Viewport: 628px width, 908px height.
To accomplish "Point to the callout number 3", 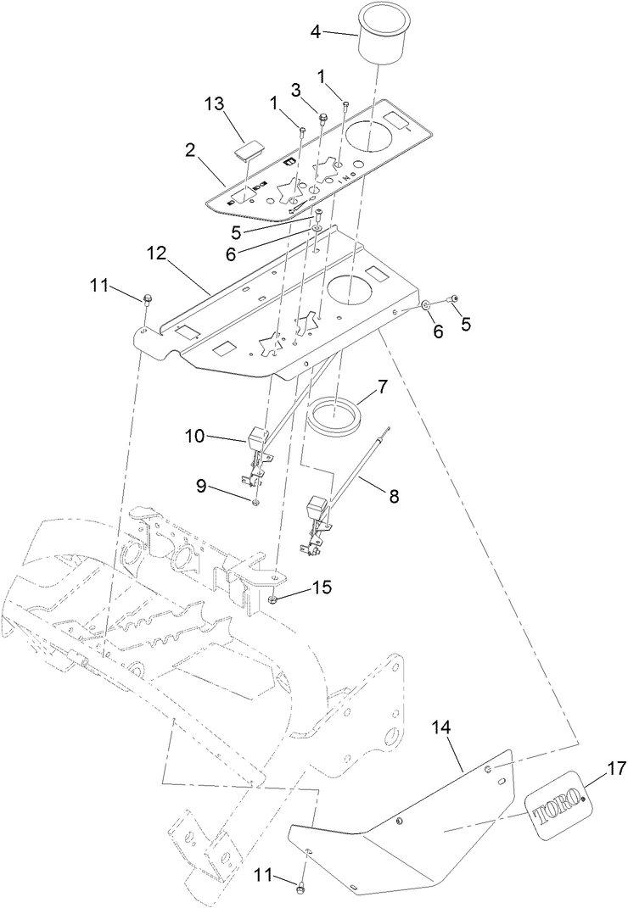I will point(296,89).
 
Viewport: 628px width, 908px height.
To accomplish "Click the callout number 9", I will point(201,487).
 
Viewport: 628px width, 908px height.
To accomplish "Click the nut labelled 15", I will point(272,601).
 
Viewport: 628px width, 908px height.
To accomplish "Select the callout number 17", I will point(617,770).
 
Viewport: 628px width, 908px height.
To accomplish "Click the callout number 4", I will point(316,32).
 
